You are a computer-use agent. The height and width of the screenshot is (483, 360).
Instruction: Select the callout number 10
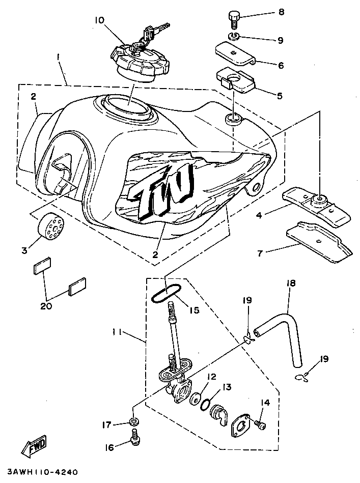(x=99, y=20)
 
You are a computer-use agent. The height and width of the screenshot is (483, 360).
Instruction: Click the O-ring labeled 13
(x=206, y=405)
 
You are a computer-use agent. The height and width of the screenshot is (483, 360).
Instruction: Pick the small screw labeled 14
(x=260, y=423)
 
